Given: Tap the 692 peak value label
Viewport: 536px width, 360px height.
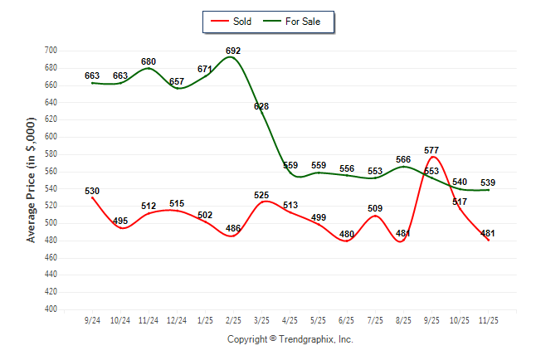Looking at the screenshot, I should point(234,51).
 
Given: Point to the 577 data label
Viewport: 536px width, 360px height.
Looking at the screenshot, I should point(431,151).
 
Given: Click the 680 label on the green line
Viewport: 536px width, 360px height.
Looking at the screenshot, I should point(149,61).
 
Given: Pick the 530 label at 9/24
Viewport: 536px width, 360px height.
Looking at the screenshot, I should point(92,192).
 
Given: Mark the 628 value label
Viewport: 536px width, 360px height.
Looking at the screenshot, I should point(261,106).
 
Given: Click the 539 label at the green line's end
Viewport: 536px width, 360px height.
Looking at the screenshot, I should point(488,182).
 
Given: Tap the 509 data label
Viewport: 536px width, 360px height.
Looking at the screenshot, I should point(375,209).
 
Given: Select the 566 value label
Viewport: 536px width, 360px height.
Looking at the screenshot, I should point(403,159).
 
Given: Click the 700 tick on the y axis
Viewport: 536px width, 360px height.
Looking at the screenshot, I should point(51,51).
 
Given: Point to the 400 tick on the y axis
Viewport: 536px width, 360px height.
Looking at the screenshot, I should point(51,309).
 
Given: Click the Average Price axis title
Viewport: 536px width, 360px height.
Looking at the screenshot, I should point(32,180).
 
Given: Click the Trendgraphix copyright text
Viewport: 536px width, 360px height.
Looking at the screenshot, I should point(290,339).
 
